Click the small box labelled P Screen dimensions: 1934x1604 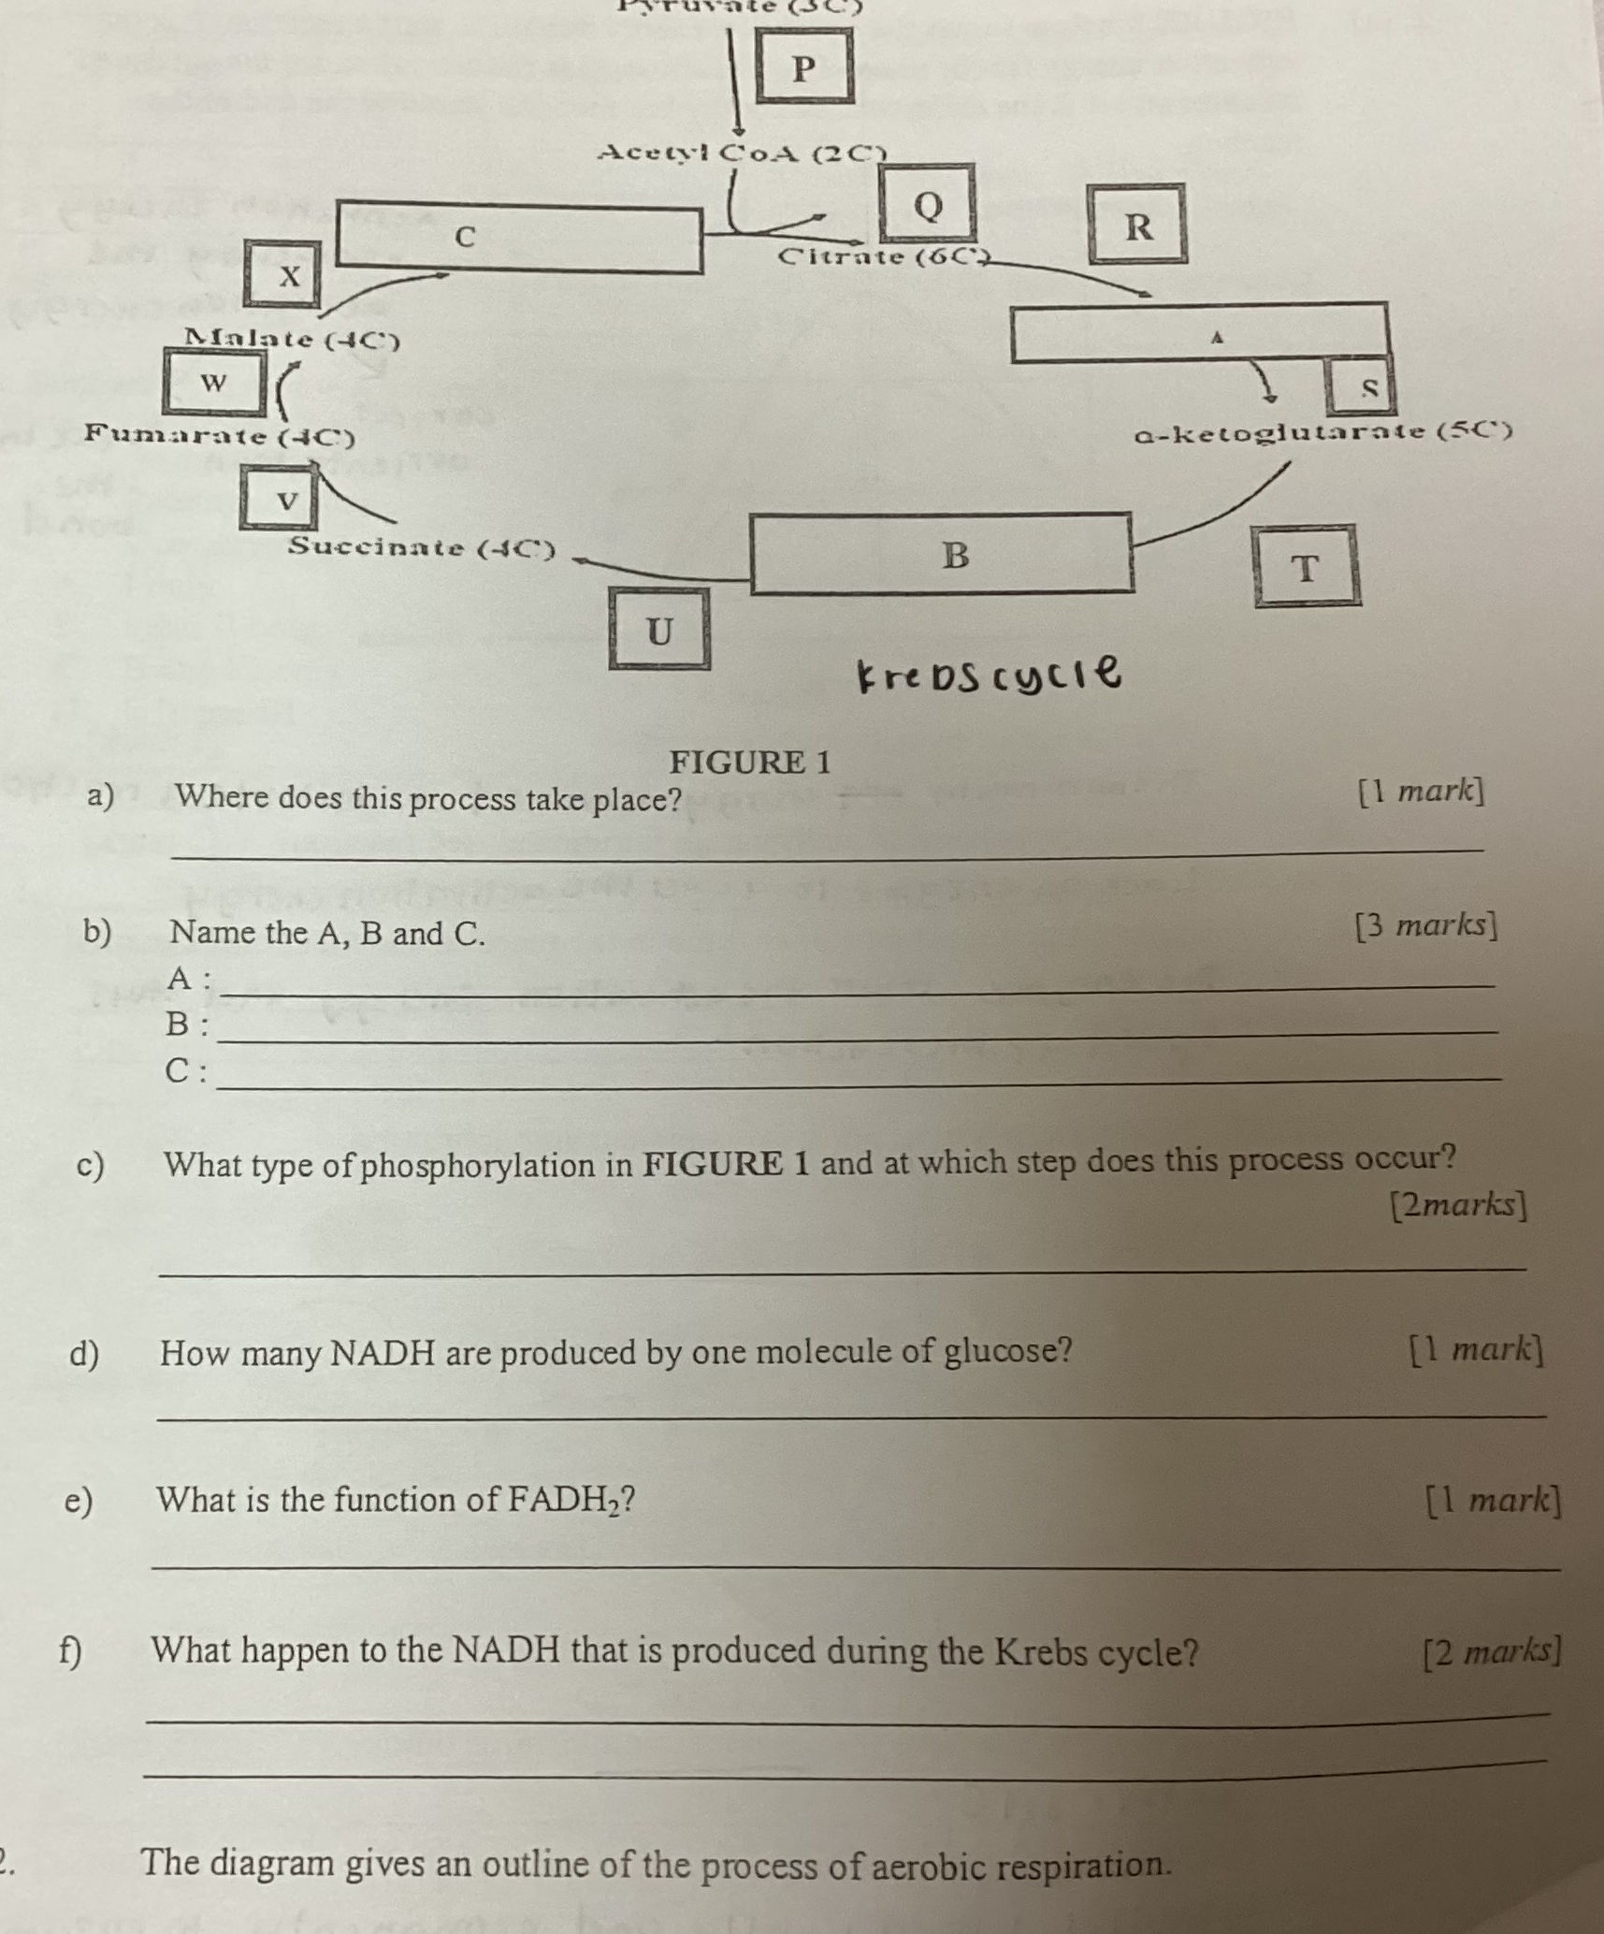tap(804, 66)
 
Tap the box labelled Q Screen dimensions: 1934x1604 tap(926, 203)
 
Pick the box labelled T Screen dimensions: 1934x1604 tap(1307, 566)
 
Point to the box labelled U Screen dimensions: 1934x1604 tap(659, 630)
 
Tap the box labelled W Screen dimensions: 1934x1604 tap(214, 382)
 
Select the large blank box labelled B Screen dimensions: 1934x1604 tap(943, 554)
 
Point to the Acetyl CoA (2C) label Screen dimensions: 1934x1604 tap(742, 152)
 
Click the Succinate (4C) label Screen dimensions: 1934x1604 tap(421, 547)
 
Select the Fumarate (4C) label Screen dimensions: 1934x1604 tap(220, 435)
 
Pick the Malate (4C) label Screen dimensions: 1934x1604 tap(292, 339)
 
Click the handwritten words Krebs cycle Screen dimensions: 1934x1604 tap(989, 673)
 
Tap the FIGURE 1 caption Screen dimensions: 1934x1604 tap(750, 763)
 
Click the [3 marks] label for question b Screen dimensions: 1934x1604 tap(1426, 925)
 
